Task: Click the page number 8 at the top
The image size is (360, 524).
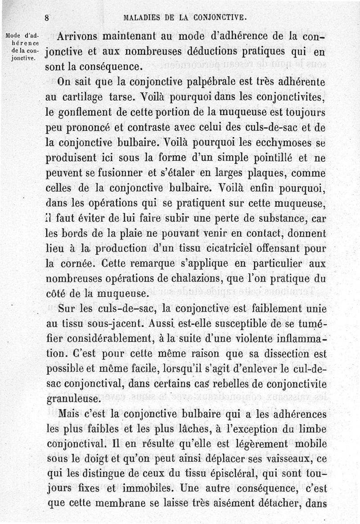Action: pyautogui.click(x=47, y=18)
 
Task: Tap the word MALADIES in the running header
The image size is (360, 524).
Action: pyautogui.click(x=143, y=18)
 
